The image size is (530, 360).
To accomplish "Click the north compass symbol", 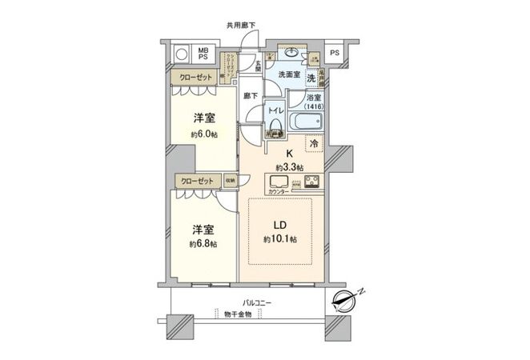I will [347, 301].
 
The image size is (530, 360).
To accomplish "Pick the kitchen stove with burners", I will [312, 180].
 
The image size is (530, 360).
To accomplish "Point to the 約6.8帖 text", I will [200, 243].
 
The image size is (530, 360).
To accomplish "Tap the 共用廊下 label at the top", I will [241, 26].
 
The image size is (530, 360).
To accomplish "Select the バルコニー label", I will [259, 303].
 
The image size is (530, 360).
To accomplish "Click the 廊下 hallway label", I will [251, 96].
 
